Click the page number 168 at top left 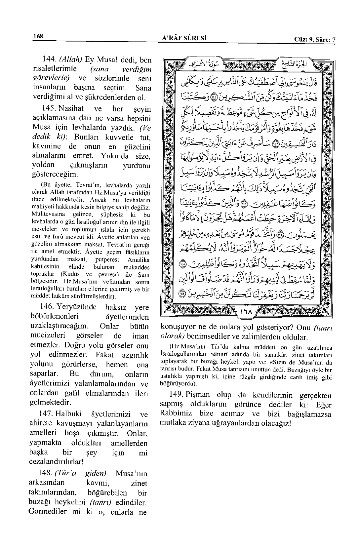pos(38,37)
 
